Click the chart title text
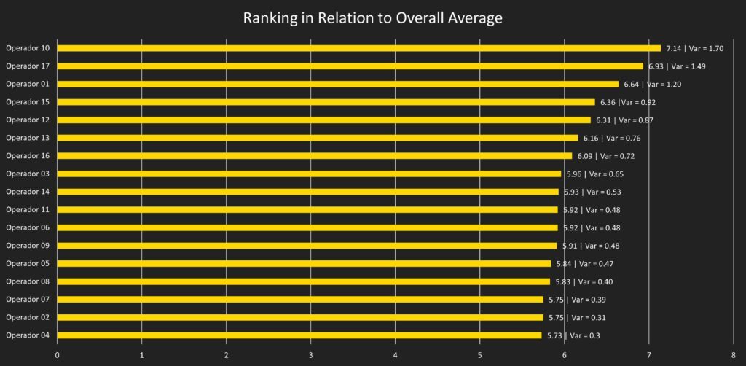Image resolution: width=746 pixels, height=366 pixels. click(372, 18)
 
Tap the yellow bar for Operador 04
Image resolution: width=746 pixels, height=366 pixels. click(299, 335)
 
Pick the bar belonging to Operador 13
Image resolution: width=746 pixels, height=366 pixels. click(317, 138)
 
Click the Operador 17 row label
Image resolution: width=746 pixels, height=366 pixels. click(28, 66)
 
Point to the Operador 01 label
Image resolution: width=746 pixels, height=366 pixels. click(28, 84)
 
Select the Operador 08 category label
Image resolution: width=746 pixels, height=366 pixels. click(28, 281)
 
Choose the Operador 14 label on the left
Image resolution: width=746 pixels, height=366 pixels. click(28, 192)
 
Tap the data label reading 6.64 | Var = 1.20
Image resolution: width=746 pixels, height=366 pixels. click(652, 84)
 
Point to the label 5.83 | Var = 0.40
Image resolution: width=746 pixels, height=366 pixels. click(587, 281)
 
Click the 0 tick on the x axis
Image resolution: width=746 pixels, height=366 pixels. click(57, 355)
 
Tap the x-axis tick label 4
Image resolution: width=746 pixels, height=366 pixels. click(395, 355)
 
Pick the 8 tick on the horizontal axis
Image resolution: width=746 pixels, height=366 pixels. click(733, 355)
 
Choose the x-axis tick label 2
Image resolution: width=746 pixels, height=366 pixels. click(226, 355)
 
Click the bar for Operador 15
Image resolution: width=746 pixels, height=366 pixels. click(326, 102)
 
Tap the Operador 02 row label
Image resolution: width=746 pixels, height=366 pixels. click(28, 317)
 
